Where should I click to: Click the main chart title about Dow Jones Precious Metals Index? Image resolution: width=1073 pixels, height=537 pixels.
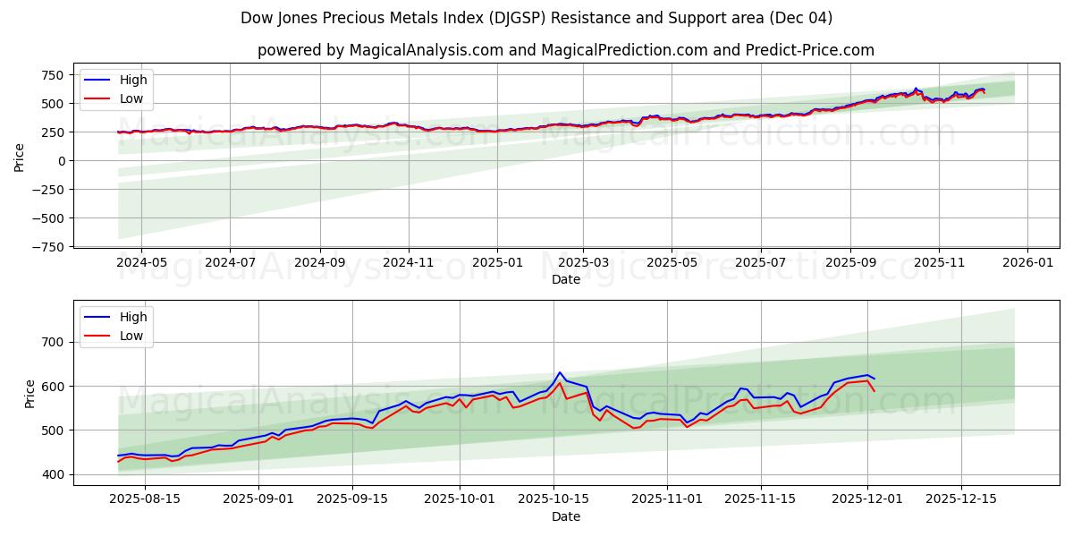click(x=536, y=18)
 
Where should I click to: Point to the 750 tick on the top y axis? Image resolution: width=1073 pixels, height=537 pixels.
click(x=53, y=75)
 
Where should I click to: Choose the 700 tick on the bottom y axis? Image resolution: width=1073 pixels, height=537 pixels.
click(x=53, y=342)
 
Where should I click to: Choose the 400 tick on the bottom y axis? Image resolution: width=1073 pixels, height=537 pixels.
click(x=53, y=474)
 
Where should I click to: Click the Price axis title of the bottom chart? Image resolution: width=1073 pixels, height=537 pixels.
click(x=30, y=393)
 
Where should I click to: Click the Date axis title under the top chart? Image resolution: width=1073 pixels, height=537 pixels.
click(x=565, y=279)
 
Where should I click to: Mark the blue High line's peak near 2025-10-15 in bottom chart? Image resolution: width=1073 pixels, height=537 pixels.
click(x=560, y=372)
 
